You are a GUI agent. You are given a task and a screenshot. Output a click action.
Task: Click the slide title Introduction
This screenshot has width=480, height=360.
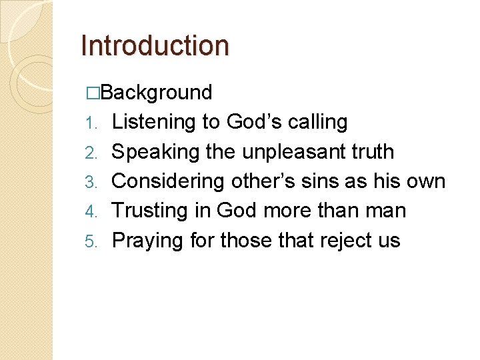(155, 45)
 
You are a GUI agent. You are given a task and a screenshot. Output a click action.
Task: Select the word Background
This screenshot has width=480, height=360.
(157, 92)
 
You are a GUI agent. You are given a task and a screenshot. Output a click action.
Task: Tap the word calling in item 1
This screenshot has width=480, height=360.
(317, 123)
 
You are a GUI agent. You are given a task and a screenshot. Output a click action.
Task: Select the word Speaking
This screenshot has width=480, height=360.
(156, 152)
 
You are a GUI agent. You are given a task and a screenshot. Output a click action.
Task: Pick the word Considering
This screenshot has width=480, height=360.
(169, 181)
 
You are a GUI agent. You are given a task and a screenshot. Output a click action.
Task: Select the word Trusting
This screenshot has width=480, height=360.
(150, 210)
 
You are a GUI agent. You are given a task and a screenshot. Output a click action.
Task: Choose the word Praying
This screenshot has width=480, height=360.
(147, 240)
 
